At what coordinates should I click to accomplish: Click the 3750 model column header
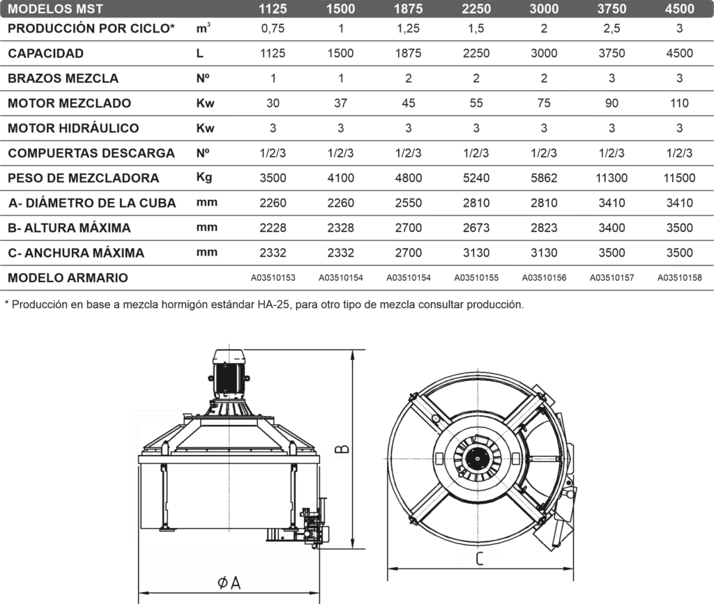click(x=612, y=8)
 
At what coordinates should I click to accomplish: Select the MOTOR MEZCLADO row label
click(x=69, y=103)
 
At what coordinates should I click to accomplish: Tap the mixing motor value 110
click(x=679, y=103)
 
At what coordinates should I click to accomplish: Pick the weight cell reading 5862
click(x=544, y=178)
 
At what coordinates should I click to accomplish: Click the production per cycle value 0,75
click(x=273, y=29)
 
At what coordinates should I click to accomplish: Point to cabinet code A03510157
click(x=612, y=277)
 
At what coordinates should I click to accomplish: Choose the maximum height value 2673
click(x=476, y=227)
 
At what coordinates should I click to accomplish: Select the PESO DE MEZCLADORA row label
click(x=84, y=178)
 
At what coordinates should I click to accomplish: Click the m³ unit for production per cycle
click(x=203, y=28)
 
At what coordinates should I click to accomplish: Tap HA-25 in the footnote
click(x=273, y=304)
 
